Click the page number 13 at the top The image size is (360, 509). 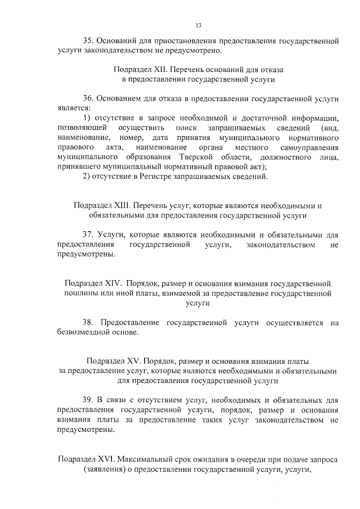pos(198,25)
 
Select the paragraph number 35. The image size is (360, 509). pos(88,41)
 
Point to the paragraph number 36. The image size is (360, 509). pos(88,98)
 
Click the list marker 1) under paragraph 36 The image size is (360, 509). pos(87,118)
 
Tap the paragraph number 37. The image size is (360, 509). pos(88,235)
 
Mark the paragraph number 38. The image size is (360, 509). pos(88,323)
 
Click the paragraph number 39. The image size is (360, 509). pos(88,400)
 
